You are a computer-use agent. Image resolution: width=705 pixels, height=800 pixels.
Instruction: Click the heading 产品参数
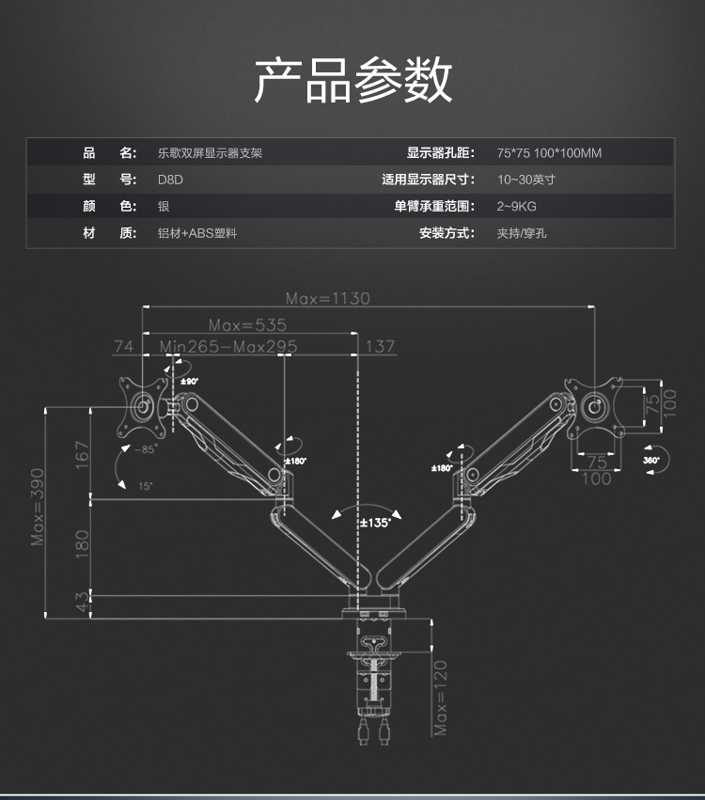352,80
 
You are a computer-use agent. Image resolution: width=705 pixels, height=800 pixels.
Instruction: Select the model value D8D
169,180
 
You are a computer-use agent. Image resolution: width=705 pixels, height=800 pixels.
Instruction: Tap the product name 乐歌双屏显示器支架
210,153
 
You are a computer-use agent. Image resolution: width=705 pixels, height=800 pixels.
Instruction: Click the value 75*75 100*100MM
548,153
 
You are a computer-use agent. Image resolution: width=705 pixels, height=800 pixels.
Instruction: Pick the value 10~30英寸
526,180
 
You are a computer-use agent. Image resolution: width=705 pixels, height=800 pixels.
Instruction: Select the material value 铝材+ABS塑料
196,232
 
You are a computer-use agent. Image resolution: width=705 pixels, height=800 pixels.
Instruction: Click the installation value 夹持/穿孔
521,232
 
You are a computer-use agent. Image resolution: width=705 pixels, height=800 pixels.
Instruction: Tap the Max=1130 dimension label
328,298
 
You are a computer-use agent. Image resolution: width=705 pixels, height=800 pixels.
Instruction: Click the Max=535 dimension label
247,324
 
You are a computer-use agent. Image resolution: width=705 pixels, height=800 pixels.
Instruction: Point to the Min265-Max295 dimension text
228,346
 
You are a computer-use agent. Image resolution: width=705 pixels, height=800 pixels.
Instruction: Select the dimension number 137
380,346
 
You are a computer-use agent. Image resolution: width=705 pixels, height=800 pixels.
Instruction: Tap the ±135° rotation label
375,523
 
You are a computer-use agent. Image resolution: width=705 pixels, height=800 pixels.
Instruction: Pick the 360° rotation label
651,461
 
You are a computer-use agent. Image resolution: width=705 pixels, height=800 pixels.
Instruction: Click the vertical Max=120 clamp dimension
441,697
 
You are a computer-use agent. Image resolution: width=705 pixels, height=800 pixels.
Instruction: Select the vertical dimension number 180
82,543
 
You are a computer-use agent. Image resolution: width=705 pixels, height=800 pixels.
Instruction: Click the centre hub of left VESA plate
143,407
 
